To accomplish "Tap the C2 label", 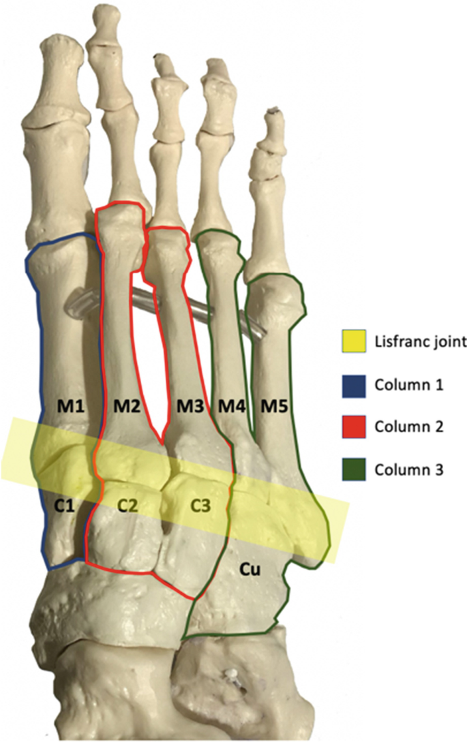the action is click(x=127, y=506).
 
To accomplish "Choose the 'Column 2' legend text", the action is click(x=406, y=427).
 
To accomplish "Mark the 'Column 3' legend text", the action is click(x=406, y=470).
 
